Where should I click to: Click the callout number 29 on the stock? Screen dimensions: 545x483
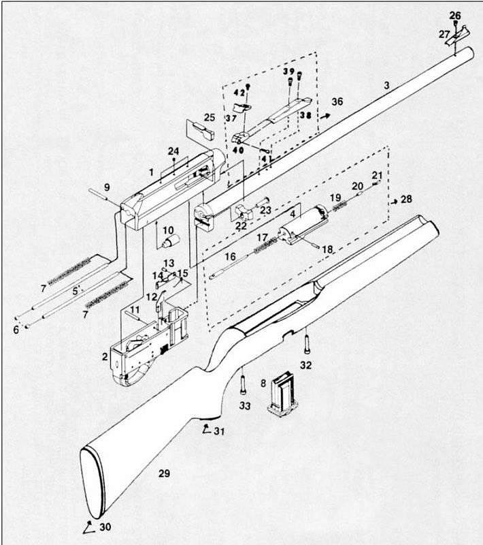pyautogui.click(x=163, y=473)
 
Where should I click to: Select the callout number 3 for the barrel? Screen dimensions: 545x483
pyautogui.click(x=386, y=85)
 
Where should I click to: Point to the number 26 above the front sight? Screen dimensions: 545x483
pyautogui.click(x=455, y=15)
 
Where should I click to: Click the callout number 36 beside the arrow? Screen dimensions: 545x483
pyautogui.click(x=338, y=102)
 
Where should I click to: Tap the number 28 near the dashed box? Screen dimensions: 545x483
pyautogui.click(x=406, y=199)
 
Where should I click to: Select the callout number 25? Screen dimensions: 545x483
pyautogui.click(x=210, y=117)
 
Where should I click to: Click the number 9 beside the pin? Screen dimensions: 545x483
pyautogui.click(x=107, y=187)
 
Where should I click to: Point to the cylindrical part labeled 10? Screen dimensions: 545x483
pyautogui.click(x=170, y=241)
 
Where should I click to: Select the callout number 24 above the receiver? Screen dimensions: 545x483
pyautogui.click(x=174, y=151)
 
